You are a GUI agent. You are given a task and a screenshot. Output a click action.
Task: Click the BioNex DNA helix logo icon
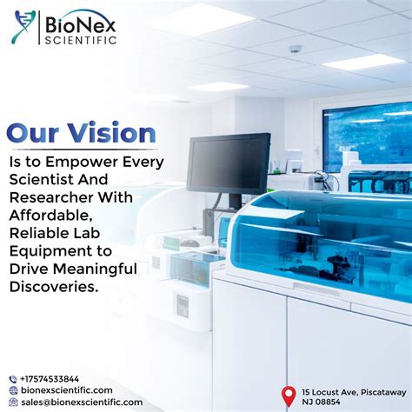click(24, 27)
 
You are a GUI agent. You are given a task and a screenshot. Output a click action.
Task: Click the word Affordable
click(52, 214)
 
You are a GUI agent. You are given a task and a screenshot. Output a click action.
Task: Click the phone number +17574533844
click(50, 379)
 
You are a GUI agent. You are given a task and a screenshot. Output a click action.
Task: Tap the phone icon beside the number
click(12, 379)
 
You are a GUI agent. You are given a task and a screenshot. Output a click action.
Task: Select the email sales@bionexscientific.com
click(81, 402)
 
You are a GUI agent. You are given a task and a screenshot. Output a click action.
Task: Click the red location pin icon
click(289, 396)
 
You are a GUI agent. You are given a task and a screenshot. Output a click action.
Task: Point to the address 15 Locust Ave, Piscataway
click(349, 391)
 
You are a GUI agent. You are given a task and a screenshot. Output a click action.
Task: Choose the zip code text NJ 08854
click(322, 402)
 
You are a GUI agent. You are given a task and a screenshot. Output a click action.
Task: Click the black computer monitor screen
click(228, 163)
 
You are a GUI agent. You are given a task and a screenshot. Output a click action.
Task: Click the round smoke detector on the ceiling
click(296, 50)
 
